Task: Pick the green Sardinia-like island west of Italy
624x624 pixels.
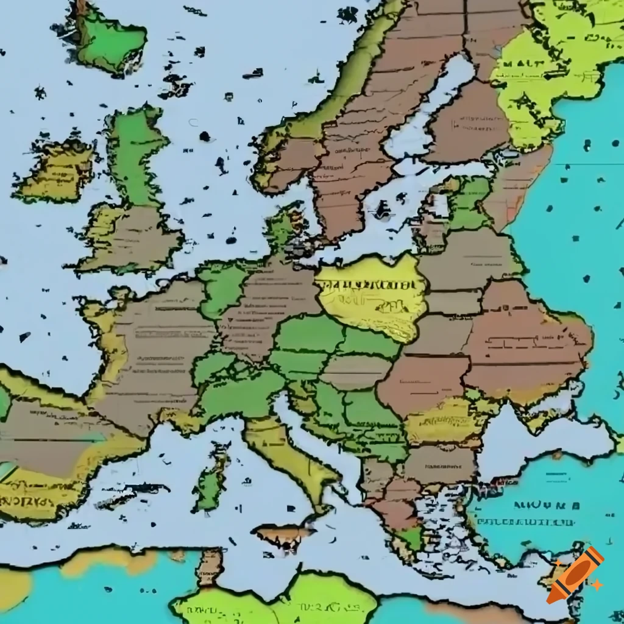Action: [x=210, y=481]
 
